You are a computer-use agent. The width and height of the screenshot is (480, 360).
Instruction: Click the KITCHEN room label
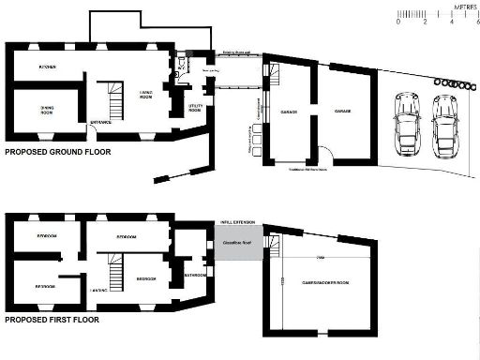pos(47,67)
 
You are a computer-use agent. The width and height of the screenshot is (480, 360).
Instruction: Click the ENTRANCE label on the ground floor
pos(101,123)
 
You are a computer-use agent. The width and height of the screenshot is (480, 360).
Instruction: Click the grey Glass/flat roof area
pos(235,242)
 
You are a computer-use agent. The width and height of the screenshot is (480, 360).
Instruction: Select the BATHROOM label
pos(195,276)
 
